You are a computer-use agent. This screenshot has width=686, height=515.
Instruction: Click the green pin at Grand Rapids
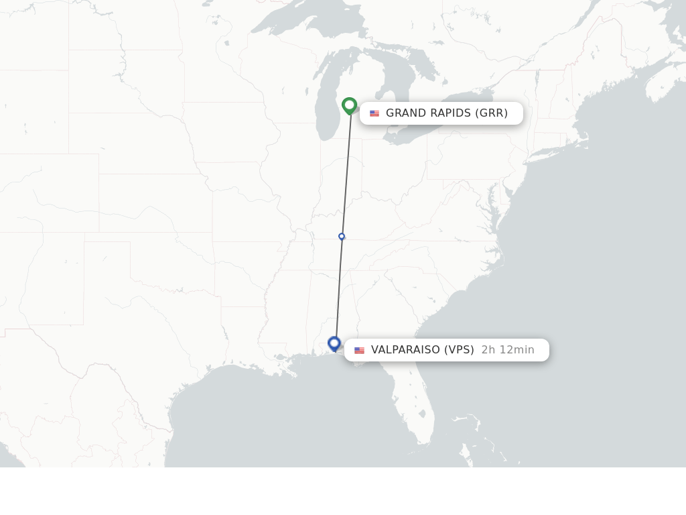click(x=349, y=105)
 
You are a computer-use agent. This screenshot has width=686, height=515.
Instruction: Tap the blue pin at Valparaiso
click(x=334, y=343)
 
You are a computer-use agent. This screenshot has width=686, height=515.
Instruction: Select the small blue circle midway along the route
click(x=342, y=236)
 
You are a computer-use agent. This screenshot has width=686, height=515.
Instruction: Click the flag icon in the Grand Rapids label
click(x=374, y=113)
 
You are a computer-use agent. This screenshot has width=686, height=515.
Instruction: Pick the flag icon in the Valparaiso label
click(x=360, y=350)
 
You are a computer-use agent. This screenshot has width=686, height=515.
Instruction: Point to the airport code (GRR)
click(x=492, y=113)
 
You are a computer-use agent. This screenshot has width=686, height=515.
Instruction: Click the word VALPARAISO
click(x=405, y=349)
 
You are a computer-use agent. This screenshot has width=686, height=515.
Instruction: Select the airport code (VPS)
click(x=459, y=349)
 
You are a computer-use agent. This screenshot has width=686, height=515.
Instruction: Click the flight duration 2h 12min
click(x=508, y=349)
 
